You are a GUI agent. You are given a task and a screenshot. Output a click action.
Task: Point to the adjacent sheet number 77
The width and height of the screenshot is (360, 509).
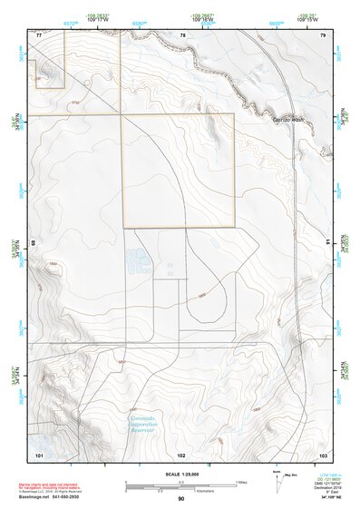coord(39,34)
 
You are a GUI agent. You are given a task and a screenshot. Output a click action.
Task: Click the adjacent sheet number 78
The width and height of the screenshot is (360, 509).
coord(182,34)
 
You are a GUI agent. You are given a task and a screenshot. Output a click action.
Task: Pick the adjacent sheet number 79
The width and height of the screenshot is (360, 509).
coord(322,34)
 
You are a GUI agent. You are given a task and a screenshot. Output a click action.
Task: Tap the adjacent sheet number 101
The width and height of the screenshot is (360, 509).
coord(39,453)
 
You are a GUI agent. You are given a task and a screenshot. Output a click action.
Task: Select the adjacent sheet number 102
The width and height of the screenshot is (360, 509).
coord(182,453)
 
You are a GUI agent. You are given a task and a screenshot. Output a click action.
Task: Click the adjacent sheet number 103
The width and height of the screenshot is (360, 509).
coord(322,453)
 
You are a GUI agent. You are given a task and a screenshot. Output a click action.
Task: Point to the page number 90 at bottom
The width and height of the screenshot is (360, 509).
coord(181,499)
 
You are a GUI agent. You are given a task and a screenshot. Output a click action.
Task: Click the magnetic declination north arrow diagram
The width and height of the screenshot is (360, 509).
coord(277,481)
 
